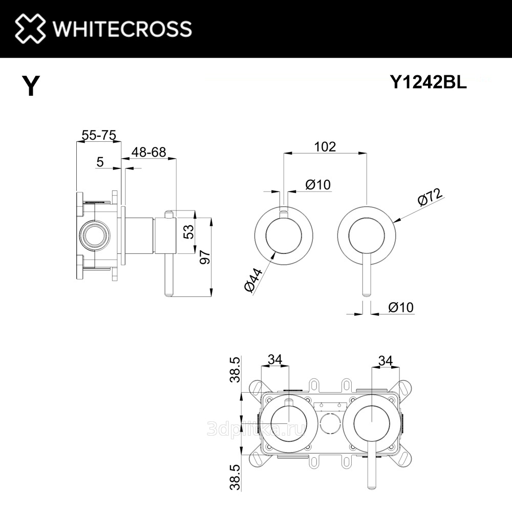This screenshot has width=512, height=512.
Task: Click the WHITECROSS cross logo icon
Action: click(30, 28)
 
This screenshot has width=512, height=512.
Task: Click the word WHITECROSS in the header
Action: click(122, 28)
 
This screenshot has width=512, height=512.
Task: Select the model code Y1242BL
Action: click(429, 82)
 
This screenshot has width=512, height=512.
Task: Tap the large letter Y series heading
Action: click(31, 86)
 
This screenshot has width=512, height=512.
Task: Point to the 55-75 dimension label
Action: click(99, 135)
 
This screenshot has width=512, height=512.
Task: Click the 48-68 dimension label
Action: click(148, 152)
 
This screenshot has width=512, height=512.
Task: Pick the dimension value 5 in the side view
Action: click(100, 162)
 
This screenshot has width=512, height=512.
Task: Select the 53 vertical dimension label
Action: click(188, 231)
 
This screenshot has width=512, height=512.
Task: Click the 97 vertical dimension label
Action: click(205, 257)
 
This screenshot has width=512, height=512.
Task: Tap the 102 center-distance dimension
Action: click(325, 146)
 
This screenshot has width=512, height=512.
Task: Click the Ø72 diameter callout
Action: click(431, 197)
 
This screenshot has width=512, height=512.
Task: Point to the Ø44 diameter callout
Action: click(253, 280)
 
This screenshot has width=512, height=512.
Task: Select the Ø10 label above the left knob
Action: click(318, 184)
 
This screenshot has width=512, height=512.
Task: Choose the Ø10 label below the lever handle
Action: click(401, 307)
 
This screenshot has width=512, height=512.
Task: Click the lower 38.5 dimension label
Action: click(235, 478)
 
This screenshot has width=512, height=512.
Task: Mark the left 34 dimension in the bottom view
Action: click(275, 359)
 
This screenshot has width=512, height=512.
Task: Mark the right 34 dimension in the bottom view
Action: click(386, 360)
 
